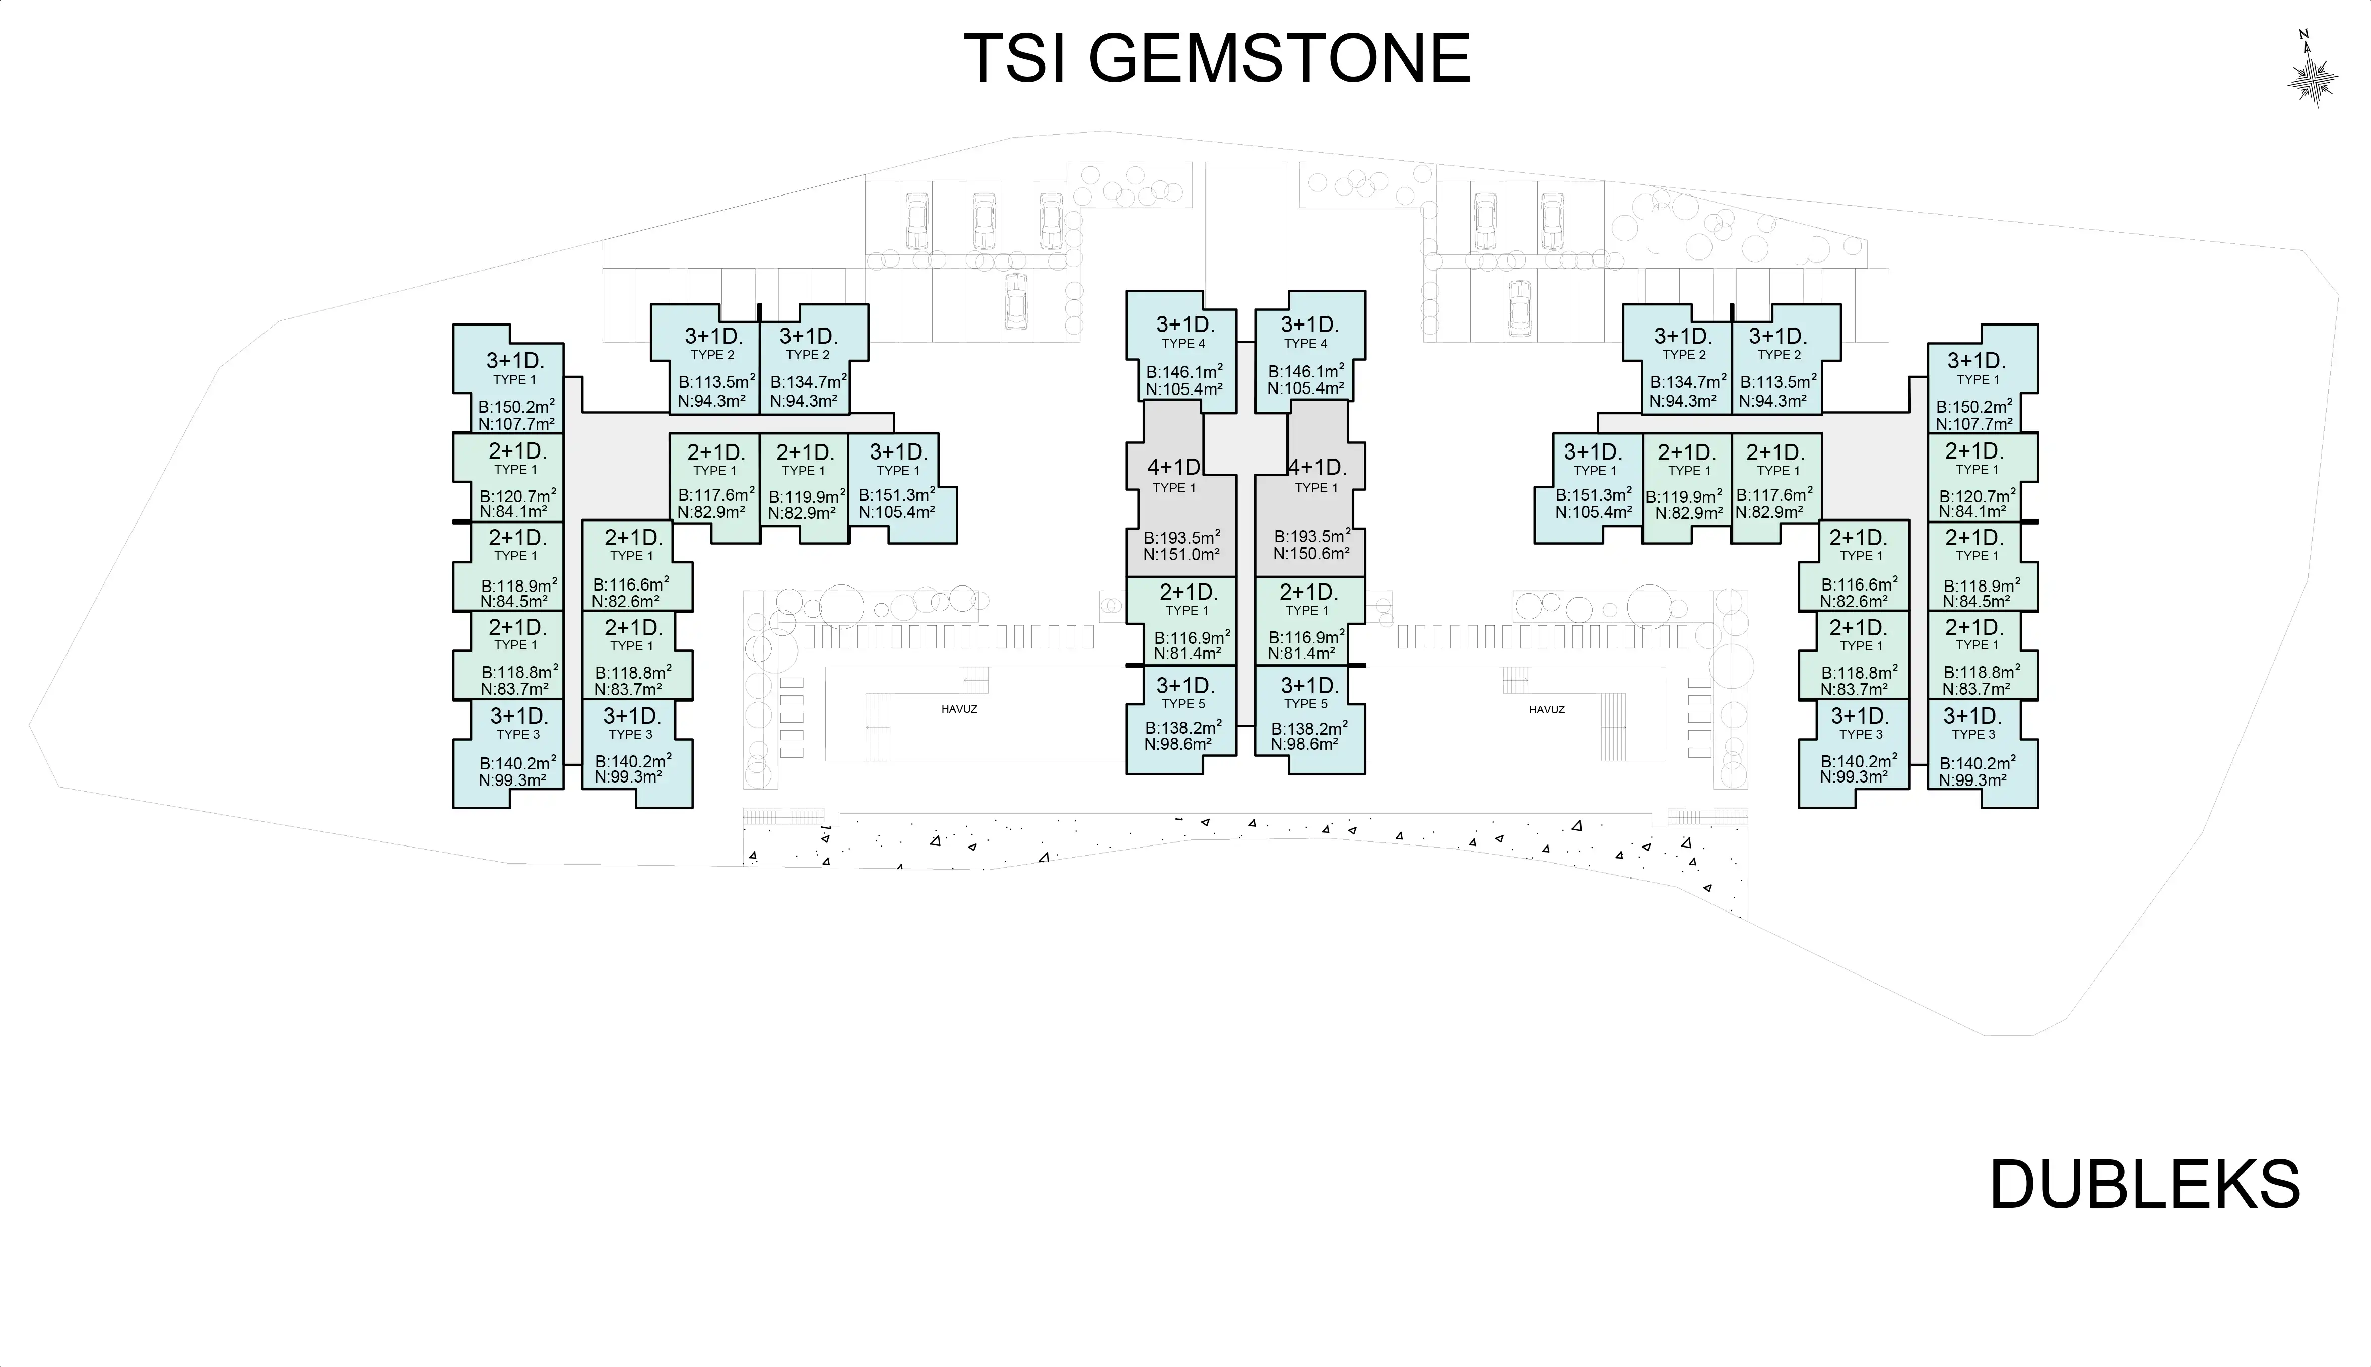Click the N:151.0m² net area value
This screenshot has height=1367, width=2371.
[1181, 555]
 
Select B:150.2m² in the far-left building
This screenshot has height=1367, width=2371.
[516, 407]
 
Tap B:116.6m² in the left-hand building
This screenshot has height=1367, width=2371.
[631, 584]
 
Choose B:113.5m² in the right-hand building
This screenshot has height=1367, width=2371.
[1778, 382]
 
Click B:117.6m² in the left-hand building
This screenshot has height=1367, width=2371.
[716, 495]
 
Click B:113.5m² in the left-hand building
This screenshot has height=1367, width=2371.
[716, 382]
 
